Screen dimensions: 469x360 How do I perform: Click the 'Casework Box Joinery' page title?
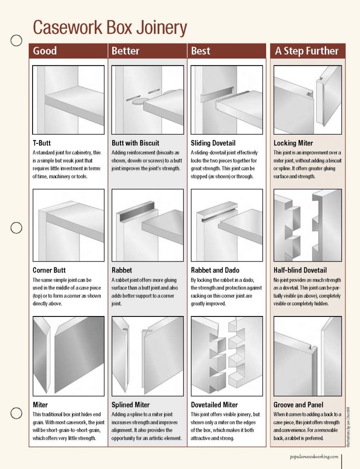point(110,28)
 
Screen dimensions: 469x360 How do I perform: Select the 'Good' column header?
point(44,51)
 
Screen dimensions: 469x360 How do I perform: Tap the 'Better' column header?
point(125,51)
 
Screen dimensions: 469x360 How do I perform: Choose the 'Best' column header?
point(201,51)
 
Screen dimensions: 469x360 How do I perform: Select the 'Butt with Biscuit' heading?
point(136,143)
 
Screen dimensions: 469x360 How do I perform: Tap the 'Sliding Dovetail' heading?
point(214,143)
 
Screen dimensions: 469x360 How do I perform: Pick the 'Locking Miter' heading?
point(293,143)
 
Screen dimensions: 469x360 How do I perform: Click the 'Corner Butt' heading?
point(49,270)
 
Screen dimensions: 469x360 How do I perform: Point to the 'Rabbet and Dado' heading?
point(215,270)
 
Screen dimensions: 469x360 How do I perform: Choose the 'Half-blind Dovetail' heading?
point(300,270)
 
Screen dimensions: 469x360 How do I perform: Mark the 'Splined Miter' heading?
point(131,405)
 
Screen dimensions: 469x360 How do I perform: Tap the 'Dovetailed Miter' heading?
point(214,405)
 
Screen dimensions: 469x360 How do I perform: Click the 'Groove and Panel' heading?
point(298,405)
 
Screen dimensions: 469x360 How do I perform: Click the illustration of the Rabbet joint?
point(147,225)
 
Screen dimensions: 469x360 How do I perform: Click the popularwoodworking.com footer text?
point(314,457)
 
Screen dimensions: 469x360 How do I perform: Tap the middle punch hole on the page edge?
point(16,228)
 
